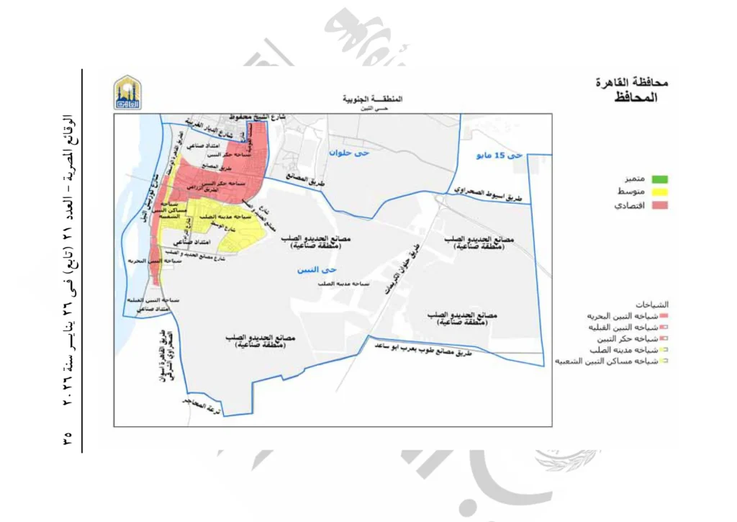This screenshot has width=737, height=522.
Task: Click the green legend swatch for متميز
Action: point(659,178)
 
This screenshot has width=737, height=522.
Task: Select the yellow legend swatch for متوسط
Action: point(659,192)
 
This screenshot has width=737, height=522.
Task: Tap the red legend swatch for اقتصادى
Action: point(659,206)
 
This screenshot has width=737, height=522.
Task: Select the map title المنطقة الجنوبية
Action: point(372,98)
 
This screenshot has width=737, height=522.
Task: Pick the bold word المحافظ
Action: point(636,96)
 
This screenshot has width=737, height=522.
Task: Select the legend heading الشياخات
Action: point(652,304)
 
